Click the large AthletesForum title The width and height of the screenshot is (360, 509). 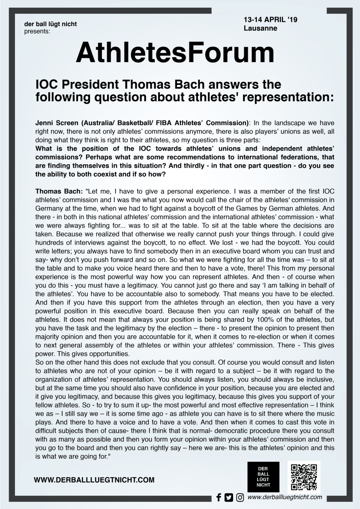pyautogui.click(x=175, y=54)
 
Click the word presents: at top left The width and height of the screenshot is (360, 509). pyautogui.click(x=37, y=30)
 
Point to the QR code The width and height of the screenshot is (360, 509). pyautogui.click(x=303, y=476)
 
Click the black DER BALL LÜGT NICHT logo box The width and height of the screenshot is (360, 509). pyautogui.click(x=263, y=476)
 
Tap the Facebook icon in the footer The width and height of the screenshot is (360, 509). pyautogui.click(x=219, y=497)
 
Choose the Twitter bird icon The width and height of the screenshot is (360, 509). pyautogui.click(x=229, y=497)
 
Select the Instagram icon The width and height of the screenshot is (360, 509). pyautogui.click(x=240, y=497)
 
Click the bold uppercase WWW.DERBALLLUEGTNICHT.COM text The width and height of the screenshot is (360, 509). pyautogui.click(x=94, y=480)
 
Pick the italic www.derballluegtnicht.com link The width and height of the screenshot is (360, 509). pyautogui.click(x=285, y=497)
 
